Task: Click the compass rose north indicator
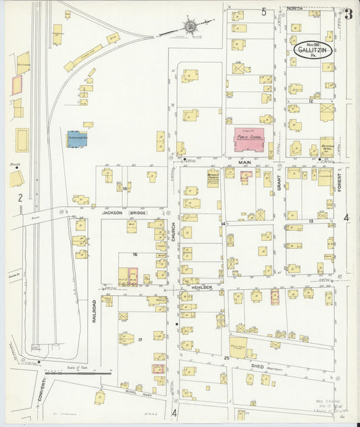[190, 26]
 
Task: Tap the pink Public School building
[249, 139]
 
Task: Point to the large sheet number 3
[348, 15]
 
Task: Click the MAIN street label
[246, 163]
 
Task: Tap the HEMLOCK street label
[201, 288]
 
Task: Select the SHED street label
[257, 365]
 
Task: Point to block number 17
[140, 339]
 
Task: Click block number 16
[135, 254]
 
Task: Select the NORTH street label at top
[295, 8]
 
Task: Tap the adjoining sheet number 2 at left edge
[21, 197]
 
